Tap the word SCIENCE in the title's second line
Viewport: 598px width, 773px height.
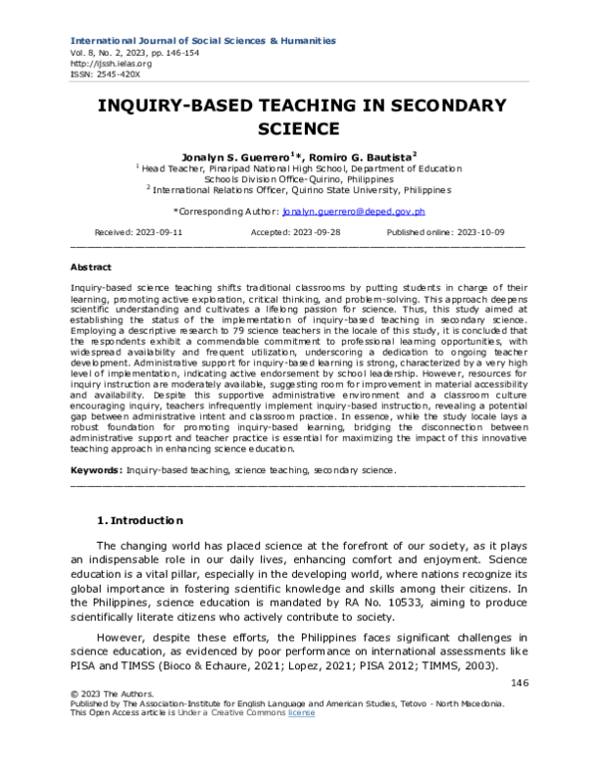pos(299,129)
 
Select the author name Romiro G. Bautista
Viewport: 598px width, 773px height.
pos(363,157)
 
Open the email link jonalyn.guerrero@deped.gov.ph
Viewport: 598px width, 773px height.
pos(354,211)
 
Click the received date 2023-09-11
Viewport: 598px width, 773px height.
pos(157,231)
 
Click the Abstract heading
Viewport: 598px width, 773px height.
pos(91,268)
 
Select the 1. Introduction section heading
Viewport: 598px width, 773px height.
pos(139,520)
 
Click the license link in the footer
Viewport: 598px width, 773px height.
pos(301,712)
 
